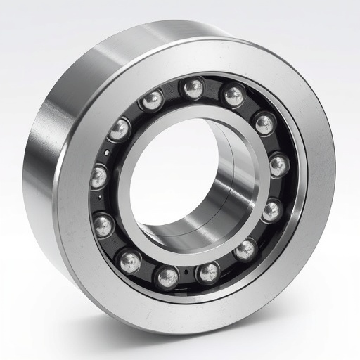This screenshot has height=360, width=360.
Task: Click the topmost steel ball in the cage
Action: [191, 89]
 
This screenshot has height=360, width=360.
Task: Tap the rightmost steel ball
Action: [278, 166]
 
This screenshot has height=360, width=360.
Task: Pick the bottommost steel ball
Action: [167, 277]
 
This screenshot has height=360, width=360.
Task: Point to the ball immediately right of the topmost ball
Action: [233, 95]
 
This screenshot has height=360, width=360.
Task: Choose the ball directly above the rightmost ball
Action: [264, 124]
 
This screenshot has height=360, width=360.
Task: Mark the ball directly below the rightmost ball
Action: [271, 210]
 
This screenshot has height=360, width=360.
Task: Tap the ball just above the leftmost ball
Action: [120, 130]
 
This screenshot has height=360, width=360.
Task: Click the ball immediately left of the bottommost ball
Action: [129, 262]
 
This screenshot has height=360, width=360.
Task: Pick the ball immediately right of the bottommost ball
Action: [208, 272]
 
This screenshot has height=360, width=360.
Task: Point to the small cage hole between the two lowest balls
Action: [186, 273]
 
